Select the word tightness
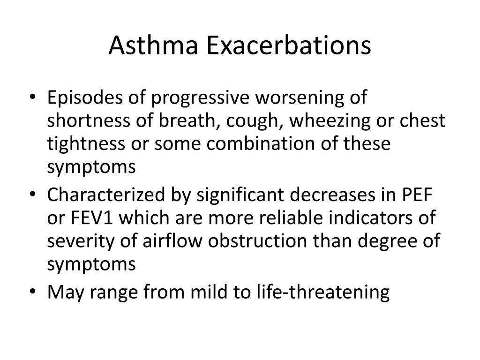pyautogui.click(x=84, y=143)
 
